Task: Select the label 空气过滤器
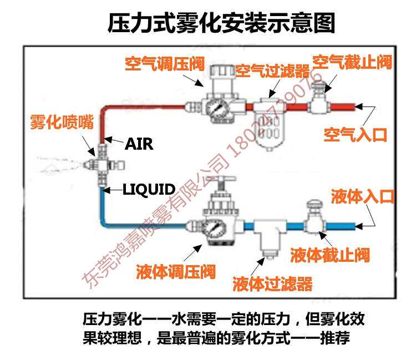point(272,72)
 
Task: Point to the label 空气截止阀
point(352,62)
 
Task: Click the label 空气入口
point(355,135)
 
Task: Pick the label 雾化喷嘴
point(61,121)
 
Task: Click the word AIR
point(139,144)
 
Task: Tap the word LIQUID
point(149,189)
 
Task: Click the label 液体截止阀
point(329,255)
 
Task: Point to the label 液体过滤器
point(273,284)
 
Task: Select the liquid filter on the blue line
point(267,236)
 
